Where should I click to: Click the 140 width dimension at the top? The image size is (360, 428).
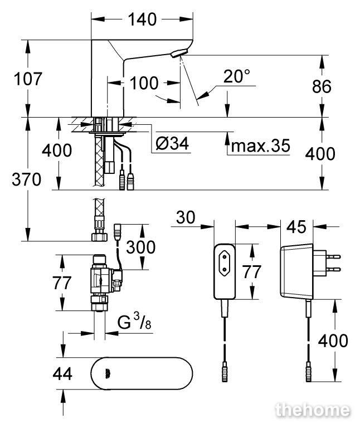pos(142,20)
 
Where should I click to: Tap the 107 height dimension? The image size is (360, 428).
pos(28,79)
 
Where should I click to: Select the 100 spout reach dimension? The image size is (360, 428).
pos(144,83)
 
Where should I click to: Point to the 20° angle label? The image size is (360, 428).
pos(236,76)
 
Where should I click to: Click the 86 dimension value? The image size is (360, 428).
pos(322,86)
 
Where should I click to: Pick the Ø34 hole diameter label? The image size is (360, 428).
pos(172,143)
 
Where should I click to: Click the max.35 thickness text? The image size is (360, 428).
pos(260,145)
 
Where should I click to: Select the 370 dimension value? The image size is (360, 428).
pos(27,179)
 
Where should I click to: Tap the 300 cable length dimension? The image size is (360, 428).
pos(141,247)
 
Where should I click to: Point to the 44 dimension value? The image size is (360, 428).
pos(62,374)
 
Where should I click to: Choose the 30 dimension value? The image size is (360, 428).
pos(186,217)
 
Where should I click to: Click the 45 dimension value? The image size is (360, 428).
pos(296,227)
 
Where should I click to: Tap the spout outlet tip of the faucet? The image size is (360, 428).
pos(179,53)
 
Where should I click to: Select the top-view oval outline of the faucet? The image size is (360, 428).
pos(142,358)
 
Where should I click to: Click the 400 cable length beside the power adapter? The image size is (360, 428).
pos(333,341)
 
